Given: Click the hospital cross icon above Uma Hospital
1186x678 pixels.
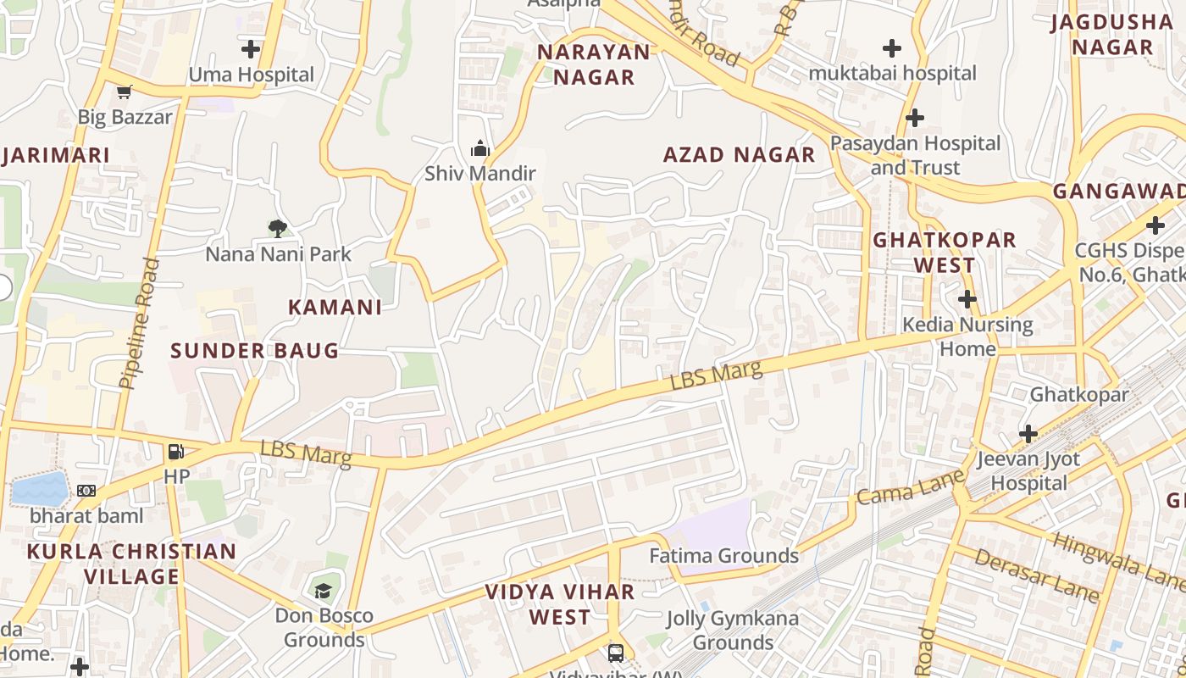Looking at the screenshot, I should point(251,49).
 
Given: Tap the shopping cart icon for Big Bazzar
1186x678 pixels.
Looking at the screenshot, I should point(125,92).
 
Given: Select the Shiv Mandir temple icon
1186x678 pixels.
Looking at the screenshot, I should point(480,149).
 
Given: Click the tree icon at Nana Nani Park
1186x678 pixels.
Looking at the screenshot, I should point(277,228).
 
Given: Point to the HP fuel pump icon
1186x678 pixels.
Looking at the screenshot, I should point(176,452).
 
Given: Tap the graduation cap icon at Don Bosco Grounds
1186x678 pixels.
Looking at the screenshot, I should point(323,590).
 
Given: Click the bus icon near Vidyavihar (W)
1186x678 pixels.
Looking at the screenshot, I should point(616,653).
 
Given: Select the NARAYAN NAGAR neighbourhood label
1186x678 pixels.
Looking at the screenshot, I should point(594,64).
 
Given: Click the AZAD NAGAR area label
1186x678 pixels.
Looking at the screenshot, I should point(739,155).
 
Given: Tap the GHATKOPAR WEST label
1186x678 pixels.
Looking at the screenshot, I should point(944,252).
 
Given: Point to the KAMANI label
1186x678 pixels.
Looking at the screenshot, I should point(335,308).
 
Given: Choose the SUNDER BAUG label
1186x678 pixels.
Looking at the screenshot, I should point(254,351).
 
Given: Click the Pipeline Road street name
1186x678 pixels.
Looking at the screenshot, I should point(139,324).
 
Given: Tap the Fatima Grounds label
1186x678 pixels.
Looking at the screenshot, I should point(723,556).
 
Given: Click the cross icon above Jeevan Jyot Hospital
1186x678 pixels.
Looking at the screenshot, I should point(1028,434).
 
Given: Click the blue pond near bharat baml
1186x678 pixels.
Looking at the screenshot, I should point(40,489).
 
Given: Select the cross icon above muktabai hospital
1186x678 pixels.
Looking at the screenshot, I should point(892,48).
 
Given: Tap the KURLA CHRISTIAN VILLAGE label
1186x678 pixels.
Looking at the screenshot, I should point(131,564).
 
